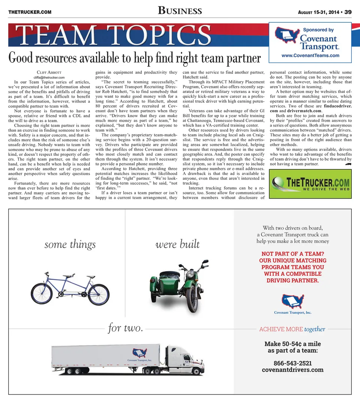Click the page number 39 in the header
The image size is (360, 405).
click(348, 12)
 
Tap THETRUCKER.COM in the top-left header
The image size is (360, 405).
click(30, 12)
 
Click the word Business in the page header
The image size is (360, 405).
click(180, 11)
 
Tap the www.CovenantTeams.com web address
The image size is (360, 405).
click(310, 55)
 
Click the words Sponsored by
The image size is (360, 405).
click(318, 30)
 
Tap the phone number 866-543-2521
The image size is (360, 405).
click(292, 363)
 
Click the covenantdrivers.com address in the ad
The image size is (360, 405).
click(292, 370)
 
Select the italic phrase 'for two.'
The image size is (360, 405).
click(125, 329)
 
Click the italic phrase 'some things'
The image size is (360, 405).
click(70, 245)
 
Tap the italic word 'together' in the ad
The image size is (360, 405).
click(315, 329)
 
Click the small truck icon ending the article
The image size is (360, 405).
click(348, 164)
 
